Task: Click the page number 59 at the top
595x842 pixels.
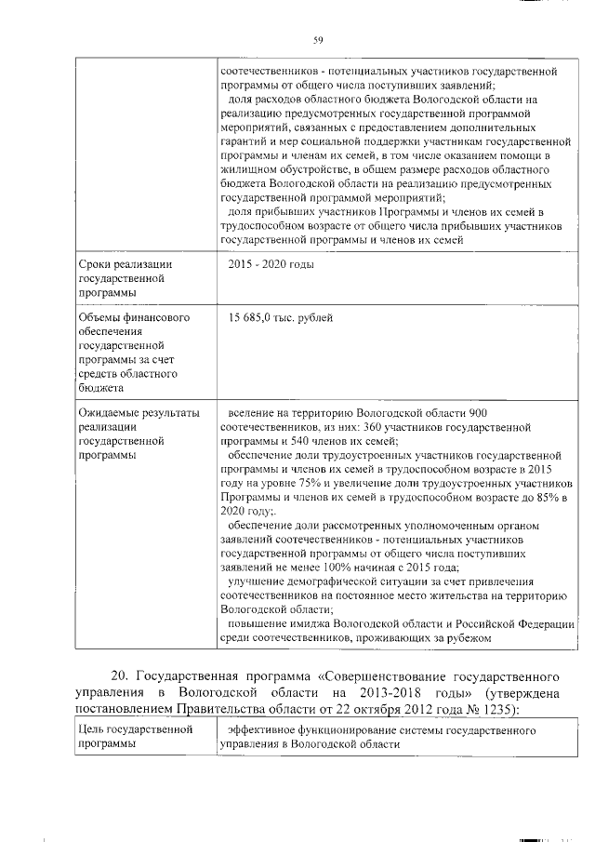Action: [x=318, y=39]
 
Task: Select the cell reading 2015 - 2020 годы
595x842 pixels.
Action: [x=271, y=265]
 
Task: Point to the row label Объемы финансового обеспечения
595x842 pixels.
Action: [x=129, y=354]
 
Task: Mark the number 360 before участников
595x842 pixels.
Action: [x=358, y=427]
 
